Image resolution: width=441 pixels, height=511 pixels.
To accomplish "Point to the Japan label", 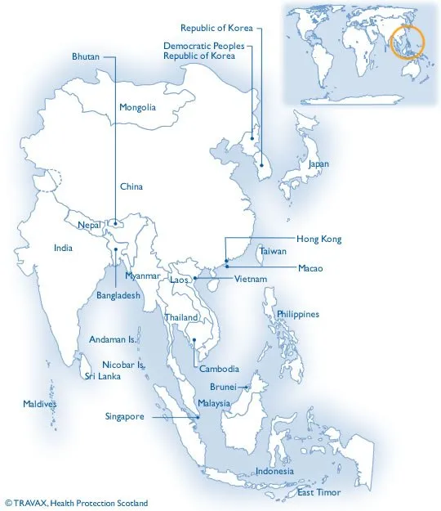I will pos(318,164).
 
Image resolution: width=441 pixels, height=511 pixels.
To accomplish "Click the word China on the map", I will pos(131,186).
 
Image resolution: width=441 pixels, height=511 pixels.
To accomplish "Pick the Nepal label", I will pos(89,224).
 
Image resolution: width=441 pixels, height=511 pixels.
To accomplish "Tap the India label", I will pos(63,248).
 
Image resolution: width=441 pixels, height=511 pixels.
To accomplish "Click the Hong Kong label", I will pos(318,239).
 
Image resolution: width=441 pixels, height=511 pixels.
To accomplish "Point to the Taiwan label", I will pos(273,253).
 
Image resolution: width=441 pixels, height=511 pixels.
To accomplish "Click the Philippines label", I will pos(297,314).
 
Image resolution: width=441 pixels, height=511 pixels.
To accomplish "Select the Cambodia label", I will pos(219,369).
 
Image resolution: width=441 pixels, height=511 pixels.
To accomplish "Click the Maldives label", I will pos(40,404).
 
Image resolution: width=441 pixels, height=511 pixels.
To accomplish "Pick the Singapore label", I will pos(125,416).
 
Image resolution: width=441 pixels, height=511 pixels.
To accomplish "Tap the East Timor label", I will pos(318,493).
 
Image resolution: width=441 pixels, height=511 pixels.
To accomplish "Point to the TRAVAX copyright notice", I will pos(75,503).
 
